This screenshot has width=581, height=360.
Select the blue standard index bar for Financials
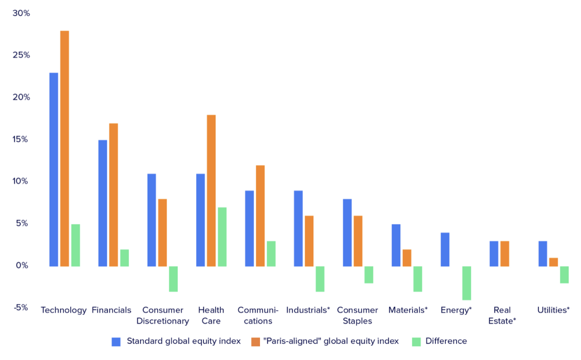103,203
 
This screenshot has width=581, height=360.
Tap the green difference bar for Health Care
222,237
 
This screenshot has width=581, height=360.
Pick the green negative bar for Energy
467,283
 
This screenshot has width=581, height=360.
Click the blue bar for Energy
445,249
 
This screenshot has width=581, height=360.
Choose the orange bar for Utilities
553,262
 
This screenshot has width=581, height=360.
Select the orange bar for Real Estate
505,254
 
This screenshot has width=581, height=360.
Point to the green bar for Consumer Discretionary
173,279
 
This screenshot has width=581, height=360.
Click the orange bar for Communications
260,216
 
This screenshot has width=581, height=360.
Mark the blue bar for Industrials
298,228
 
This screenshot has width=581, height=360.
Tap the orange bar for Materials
407,258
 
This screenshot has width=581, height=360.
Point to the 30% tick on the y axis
21,13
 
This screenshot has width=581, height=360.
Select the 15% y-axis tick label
21,139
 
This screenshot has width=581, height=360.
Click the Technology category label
63,310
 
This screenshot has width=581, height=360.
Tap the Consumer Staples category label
357,315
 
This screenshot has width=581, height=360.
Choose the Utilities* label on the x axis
553,310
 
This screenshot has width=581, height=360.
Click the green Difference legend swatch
416,342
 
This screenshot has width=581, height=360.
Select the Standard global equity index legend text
183,341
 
